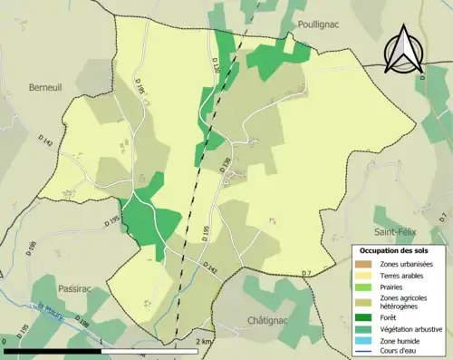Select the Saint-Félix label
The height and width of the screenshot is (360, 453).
[x=399, y=233]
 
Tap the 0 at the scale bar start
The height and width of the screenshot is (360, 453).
[x=5, y=341]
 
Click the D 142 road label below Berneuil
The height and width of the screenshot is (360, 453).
[x=45, y=142]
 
